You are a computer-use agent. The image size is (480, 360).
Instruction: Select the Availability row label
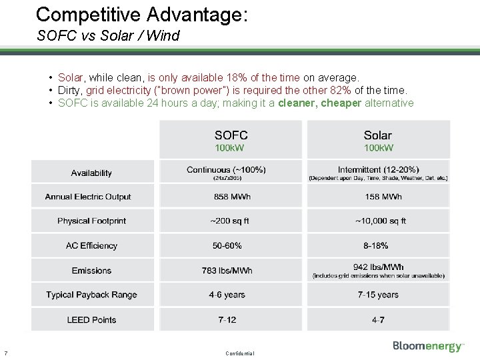coord(91,173)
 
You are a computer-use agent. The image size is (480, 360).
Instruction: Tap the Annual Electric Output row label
coord(88,197)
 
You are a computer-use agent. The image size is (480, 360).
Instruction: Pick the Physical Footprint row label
coord(91,221)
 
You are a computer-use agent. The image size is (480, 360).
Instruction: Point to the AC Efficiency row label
coord(91,245)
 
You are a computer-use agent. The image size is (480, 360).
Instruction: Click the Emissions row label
coord(91,270)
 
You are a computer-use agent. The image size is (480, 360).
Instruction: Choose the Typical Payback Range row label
coord(91,295)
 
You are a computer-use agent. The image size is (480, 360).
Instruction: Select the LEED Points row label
coord(91,319)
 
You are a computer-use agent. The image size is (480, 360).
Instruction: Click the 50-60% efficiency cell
coord(227,245)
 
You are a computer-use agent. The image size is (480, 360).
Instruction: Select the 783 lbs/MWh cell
coord(227,270)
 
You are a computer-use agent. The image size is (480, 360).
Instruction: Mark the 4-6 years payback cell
coord(227,295)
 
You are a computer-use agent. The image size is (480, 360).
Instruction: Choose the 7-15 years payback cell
coord(378,295)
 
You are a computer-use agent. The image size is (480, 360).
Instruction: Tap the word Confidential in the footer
coord(240,353)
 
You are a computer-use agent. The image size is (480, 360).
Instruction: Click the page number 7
coord(5,353)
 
